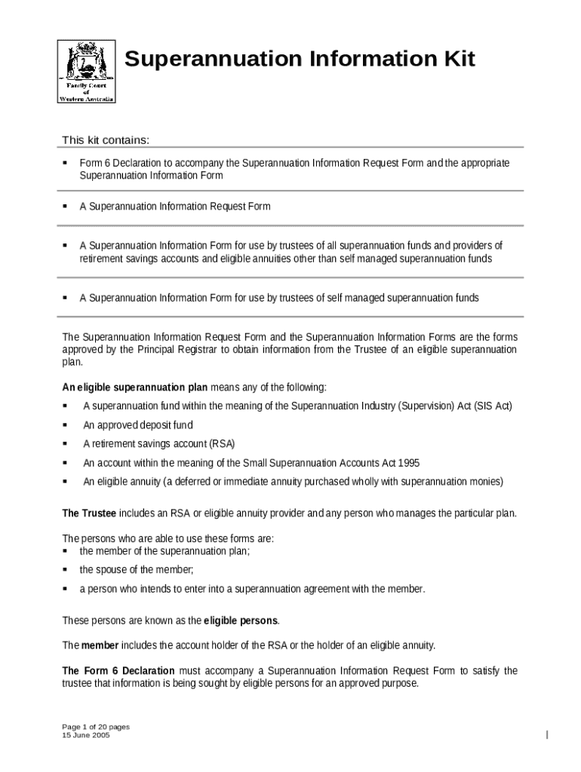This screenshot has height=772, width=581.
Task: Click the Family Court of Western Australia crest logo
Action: click(87, 71)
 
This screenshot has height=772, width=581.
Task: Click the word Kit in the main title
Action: click(456, 59)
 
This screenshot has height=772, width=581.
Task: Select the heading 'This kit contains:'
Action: click(106, 139)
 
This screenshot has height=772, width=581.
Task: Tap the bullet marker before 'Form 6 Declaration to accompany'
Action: click(65, 163)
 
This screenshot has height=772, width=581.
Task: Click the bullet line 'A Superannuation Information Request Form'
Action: click(175, 207)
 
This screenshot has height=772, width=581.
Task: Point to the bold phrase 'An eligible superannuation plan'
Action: click(134, 388)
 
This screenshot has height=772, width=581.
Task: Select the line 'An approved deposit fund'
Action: click(138, 425)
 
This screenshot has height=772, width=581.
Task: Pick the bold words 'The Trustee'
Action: click(89, 513)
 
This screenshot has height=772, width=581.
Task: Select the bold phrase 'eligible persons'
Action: click(241, 621)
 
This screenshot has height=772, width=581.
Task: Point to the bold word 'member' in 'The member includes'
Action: click(100, 646)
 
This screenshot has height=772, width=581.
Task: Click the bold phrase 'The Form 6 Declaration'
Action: click(118, 671)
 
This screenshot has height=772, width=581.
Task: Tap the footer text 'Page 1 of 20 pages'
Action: click(96, 727)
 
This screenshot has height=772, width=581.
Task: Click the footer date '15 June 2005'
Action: click(86, 735)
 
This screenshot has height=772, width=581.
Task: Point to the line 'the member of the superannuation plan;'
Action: click(164, 551)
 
